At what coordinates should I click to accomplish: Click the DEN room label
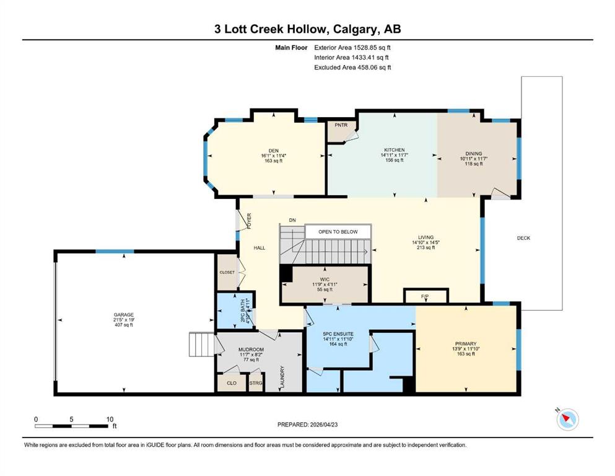[273, 151]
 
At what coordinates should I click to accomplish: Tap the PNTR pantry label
[341, 125]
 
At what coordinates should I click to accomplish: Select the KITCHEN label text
[394, 150]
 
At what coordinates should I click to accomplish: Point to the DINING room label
[473, 154]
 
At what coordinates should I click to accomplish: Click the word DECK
[523, 238]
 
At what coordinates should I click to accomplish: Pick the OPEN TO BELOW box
[338, 232]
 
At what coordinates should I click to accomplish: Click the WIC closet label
[325, 280]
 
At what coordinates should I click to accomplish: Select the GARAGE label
[123, 315]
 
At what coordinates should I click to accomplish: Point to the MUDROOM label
[251, 349]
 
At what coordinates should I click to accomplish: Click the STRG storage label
[256, 383]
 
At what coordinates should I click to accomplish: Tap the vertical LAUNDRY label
[282, 377]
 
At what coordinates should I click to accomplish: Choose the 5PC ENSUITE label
[338, 334]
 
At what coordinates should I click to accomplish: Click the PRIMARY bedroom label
[466, 343]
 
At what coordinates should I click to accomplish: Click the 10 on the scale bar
[110, 419]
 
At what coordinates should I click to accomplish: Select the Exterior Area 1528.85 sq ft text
[352, 48]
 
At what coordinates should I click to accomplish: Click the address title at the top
[307, 29]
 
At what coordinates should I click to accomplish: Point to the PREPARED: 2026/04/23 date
[307, 425]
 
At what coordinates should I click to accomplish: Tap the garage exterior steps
[202, 345]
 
